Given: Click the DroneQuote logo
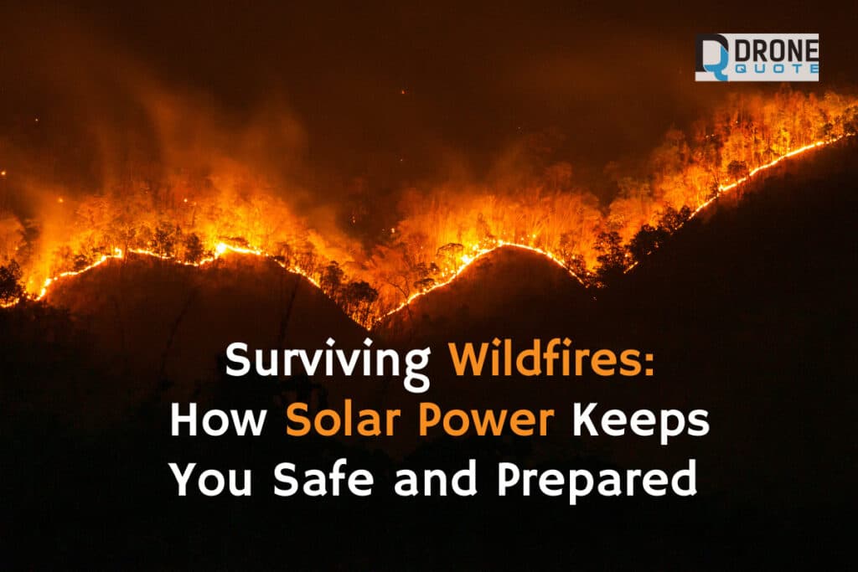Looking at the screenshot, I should pos(756,57).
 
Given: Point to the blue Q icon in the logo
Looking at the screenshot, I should pos(711,58).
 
